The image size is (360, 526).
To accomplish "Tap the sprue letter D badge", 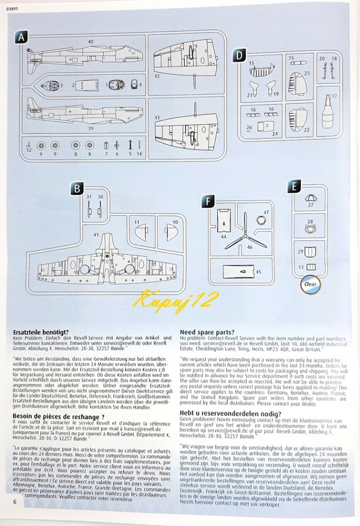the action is [x=239, y=56].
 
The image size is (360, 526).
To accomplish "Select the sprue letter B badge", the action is [x=77, y=189].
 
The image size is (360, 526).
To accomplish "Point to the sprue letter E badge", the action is [x=294, y=186].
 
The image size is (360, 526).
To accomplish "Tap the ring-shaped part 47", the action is [x=261, y=220].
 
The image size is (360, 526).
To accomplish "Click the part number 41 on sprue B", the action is [x=96, y=235].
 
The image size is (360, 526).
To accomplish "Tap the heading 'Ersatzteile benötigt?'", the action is [x=41, y=332].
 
